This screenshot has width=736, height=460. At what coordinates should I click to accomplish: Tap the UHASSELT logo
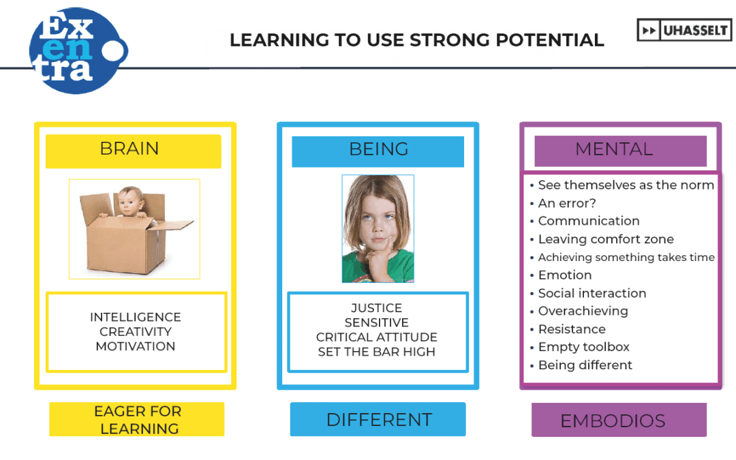pyautogui.click(x=684, y=31)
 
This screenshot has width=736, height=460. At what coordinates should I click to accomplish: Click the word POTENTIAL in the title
pyautogui.click(x=550, y=40)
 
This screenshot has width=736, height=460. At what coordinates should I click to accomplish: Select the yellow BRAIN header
pyautogui.click(x=134, y=151)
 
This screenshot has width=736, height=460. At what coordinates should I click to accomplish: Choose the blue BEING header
pyautogui.click(x=378, y=151)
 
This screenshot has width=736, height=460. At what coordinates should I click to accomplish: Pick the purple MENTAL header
pyautogui.click(x=621, y=151)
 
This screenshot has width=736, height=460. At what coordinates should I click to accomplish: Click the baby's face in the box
pyautogui.click(x=130, y=200)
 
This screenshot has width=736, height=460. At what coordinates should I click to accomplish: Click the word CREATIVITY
pyautogui.click(x=136, y=332)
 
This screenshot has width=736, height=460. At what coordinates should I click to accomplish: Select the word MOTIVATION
pyautogui.click(x=136, y=346)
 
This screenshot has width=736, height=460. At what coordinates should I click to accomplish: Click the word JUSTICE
pyautogui.click(x=376, y=308)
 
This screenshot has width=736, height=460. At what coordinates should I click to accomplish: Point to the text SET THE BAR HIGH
pyautogui.click(x=376, y=352)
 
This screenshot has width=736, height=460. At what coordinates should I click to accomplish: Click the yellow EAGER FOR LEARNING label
pyautogui.click(x=136, y=419)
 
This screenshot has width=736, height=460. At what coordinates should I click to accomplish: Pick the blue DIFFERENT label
pyautogui.click(x=378, y=419)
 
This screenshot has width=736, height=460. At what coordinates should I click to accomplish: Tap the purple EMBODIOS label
pyautogui.click(x=619, y=420)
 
